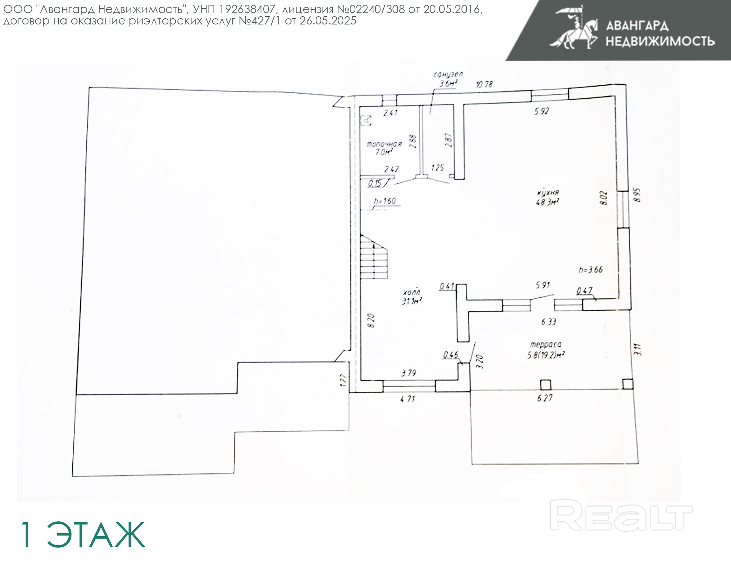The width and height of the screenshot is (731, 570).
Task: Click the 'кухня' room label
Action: pos(548,193)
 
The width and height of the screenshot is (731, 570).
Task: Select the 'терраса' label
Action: pos(546,344)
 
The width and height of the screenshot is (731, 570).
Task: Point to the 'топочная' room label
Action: pos(384,144)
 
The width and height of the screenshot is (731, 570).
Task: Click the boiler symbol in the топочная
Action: pos(366,120)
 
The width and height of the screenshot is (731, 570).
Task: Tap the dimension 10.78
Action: pos(484,84)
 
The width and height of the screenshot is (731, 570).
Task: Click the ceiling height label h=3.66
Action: pos(591,269)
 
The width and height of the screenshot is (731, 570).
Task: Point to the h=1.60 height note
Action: pos(385,201)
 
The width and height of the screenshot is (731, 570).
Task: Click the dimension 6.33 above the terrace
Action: pos(548,322)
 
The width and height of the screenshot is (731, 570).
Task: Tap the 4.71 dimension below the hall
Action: pos(408,399)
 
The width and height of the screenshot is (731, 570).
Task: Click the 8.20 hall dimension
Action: pos(371,321)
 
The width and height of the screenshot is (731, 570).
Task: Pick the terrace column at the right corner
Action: pos(628,384)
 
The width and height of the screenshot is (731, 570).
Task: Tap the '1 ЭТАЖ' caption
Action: pos(83,535)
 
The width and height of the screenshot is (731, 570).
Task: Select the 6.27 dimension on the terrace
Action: pos(545,398)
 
